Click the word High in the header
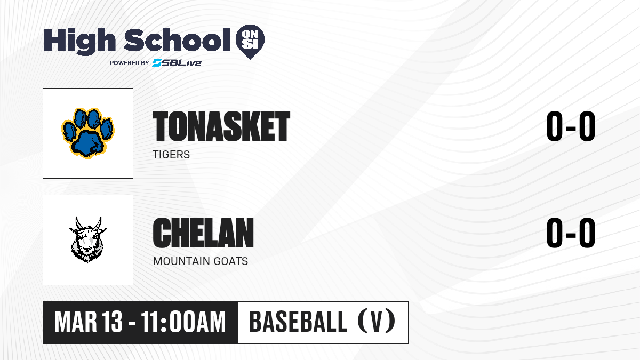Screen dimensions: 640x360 80,41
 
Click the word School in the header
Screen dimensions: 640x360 177,40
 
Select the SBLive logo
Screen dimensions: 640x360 177,63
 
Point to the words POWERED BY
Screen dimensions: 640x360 130,63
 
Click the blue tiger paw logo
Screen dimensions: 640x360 88,133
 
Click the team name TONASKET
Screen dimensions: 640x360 222,126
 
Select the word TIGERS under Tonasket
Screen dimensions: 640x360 171,155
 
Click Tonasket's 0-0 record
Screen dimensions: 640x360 571,126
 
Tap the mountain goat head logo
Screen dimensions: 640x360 88,239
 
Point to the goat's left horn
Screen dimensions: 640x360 78,223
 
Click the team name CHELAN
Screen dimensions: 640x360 203,233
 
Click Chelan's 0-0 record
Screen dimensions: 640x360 571,233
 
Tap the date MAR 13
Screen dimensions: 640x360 89,322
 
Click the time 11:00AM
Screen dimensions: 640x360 183,322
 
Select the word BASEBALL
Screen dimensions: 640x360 298,322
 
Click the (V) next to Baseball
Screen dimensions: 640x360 377,322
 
